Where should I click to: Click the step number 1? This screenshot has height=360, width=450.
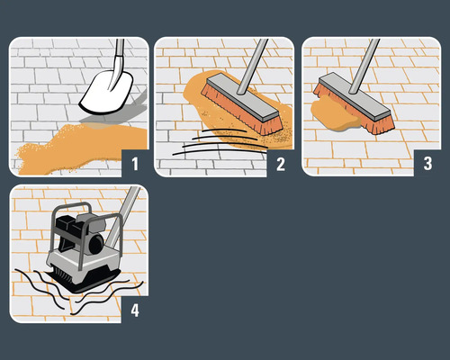[132, 163]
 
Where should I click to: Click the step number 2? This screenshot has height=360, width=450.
[279, 163]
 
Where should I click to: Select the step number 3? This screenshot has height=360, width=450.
[426, 163]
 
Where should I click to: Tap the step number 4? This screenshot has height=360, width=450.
[132, 310]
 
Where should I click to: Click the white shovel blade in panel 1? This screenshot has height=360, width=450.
[106, 89]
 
